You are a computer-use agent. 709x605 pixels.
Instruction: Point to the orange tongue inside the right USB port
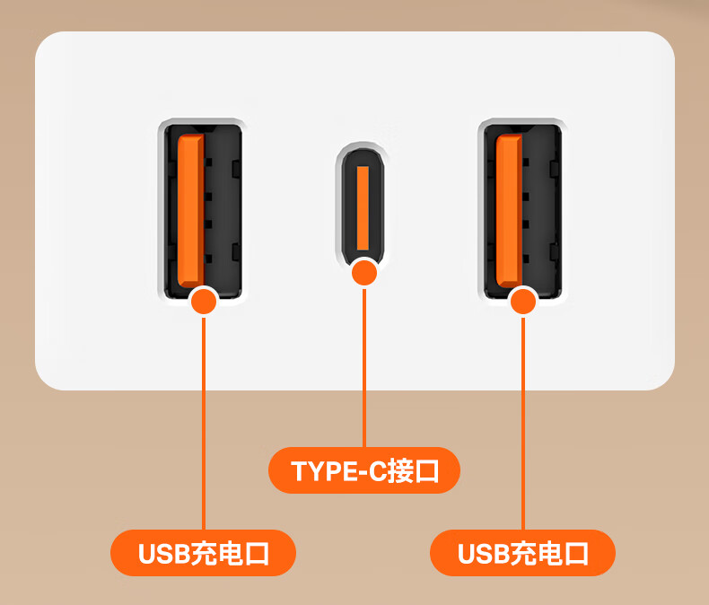tap(509, 211)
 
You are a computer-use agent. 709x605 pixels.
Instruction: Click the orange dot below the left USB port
tap(205, 300)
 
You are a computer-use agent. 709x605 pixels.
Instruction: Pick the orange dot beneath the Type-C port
tap(363, 273)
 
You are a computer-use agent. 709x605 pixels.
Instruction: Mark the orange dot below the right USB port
tap(523, 300)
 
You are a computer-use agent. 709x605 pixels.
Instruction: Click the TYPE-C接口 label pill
tap(363, 470)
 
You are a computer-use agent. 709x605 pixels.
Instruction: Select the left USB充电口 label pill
tap(203, 553)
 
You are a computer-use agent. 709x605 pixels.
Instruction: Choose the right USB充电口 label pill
tap(522, 553)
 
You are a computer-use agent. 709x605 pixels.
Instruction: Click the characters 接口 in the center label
tap(413, 471)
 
